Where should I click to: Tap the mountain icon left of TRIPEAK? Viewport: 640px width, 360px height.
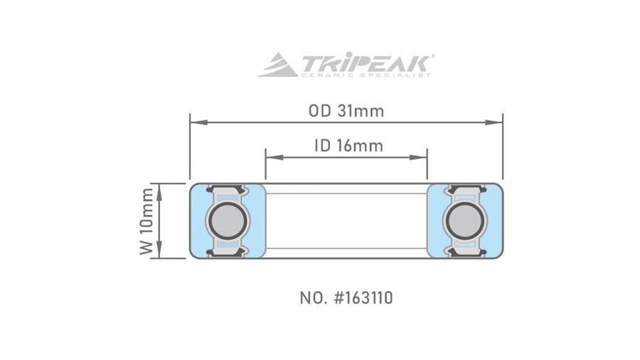click(278, 65)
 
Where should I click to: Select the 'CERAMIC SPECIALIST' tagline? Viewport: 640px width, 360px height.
click(366, 75)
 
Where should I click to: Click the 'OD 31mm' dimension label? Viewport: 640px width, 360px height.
click(346, 111)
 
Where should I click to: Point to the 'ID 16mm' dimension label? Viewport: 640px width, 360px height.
click(348, 147)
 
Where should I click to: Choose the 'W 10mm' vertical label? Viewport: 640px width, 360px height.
click(146, 221)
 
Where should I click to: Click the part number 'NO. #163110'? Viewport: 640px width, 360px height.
click(346, 297)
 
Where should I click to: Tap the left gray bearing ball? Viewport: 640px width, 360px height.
click(227, 221)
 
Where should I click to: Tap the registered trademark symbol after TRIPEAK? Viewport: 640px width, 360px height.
click(433, 56)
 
